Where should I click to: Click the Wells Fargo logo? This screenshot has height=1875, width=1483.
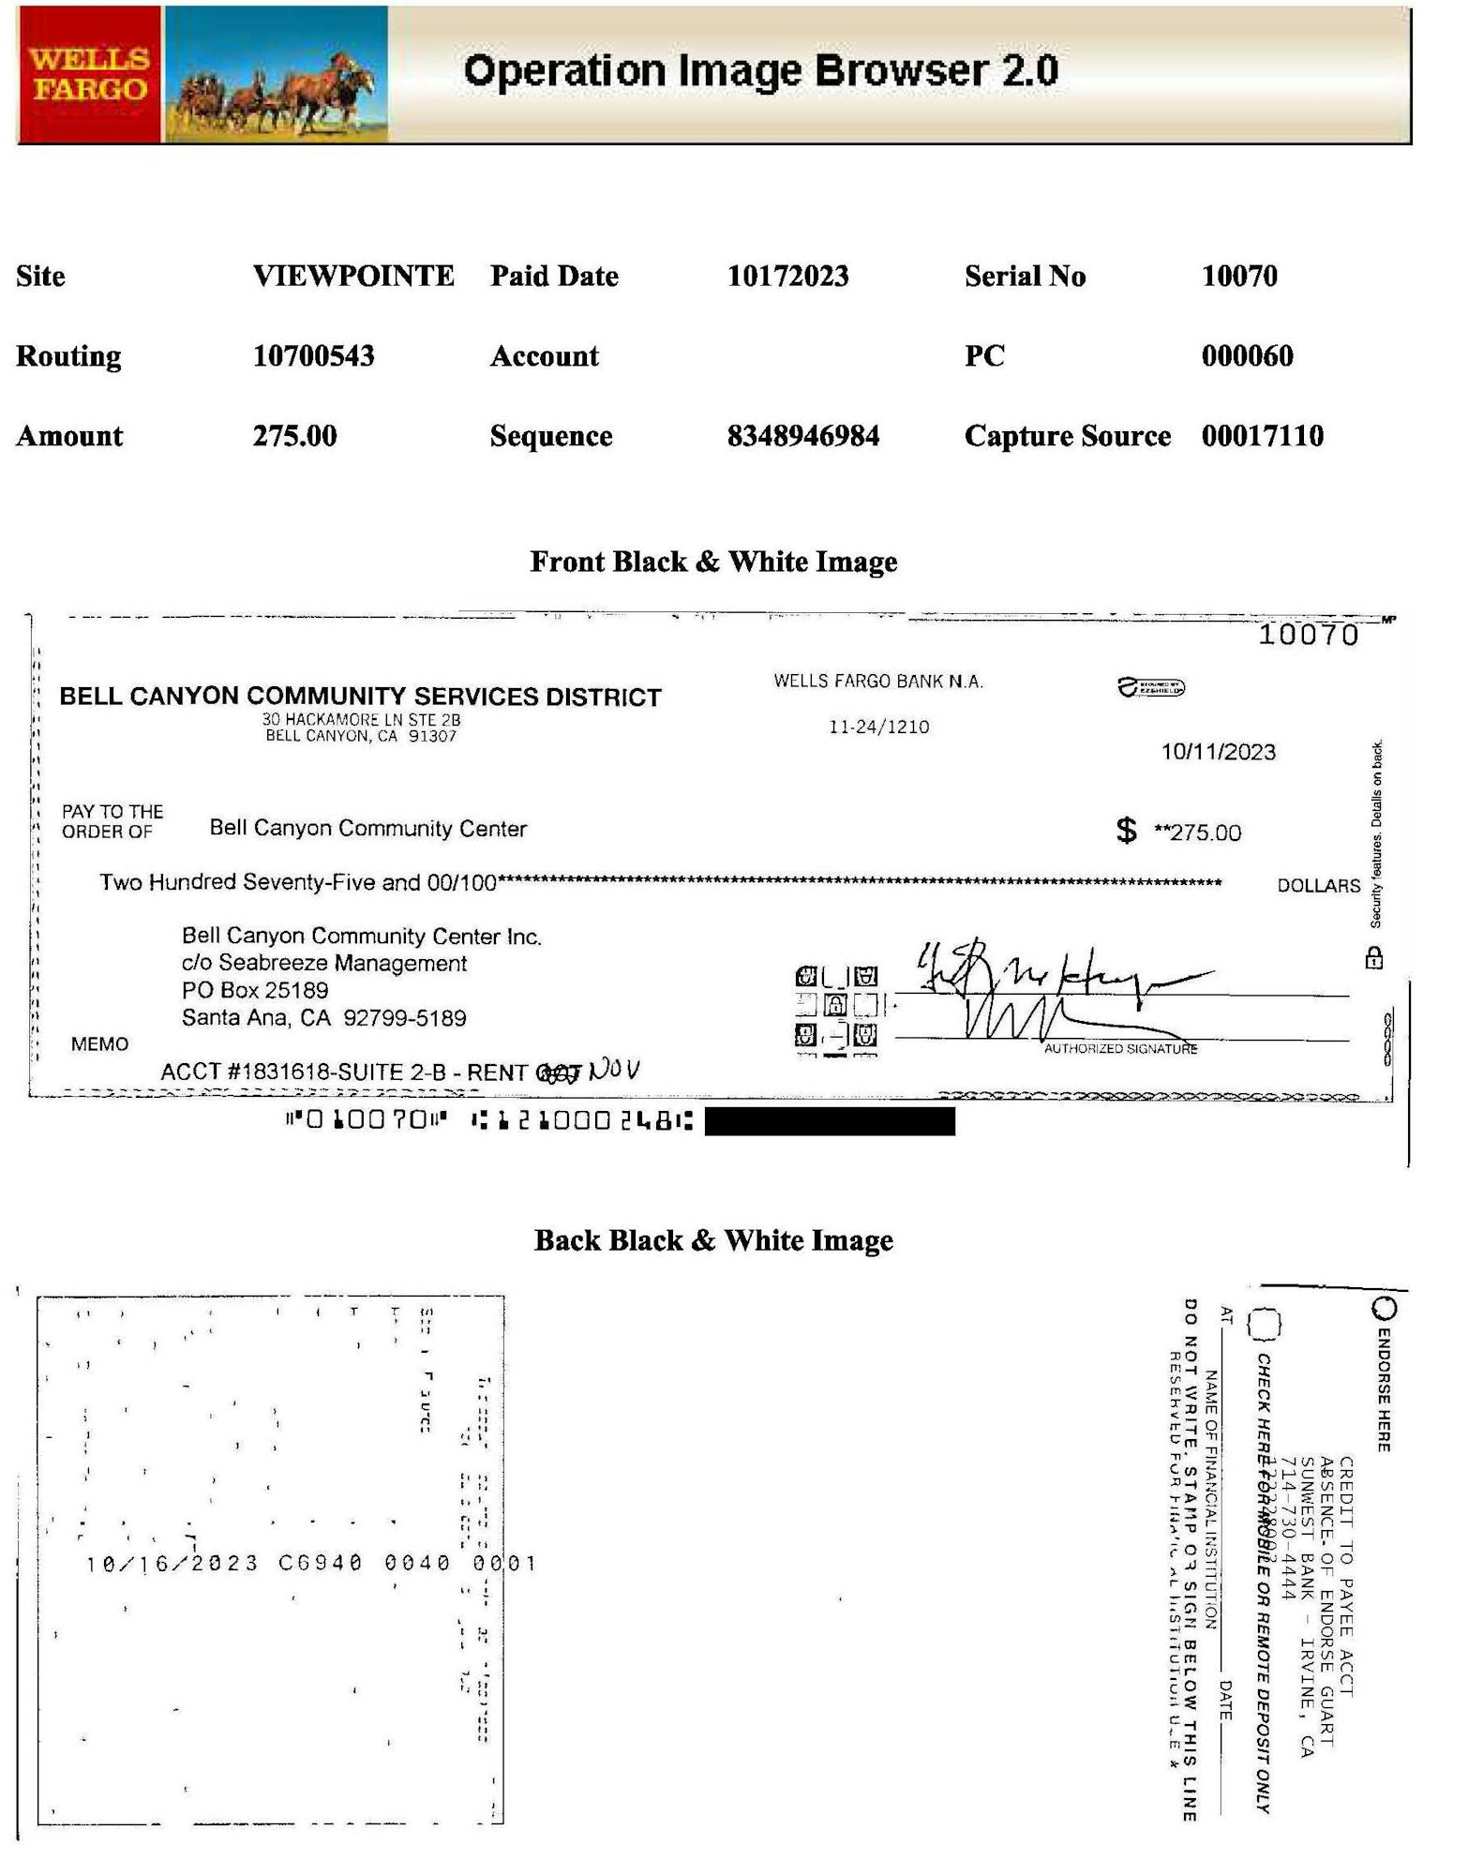[x=89, y=74]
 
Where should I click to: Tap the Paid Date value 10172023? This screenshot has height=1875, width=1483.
[x=787, y=276]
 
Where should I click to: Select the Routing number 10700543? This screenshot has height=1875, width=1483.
[x=313, y=355]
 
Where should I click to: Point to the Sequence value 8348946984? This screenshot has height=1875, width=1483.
[x=802, y=436]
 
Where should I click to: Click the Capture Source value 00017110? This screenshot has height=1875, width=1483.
[x=1262, y=436]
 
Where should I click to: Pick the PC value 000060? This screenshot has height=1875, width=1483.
[x=1247, y=355]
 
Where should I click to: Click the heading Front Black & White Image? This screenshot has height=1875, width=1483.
[x=713, y=562]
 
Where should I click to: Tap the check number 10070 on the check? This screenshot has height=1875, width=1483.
[x=1308, y=635]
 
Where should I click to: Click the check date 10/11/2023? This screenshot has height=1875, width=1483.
[x=1218, y=752]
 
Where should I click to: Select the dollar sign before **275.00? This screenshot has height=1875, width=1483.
[x=1126, y=830]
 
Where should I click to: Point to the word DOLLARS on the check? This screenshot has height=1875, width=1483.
[x=1318, y=885]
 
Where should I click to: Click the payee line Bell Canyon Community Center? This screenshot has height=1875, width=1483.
[x=367, y=828]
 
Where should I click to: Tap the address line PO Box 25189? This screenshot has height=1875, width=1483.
[x=255, y=990]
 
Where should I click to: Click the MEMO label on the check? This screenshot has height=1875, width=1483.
[x=99, y=1043]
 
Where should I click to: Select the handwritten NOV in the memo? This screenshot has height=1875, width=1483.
[x=615, y=1070]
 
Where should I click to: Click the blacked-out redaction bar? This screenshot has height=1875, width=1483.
[x=830, y=1121]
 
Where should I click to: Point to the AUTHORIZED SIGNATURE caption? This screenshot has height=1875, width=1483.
[x=1120, y=1048]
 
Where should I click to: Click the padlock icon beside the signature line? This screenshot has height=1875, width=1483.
[x=1373, y=958]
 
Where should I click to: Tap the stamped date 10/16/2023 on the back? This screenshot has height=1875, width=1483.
[x=172, y=1564]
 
